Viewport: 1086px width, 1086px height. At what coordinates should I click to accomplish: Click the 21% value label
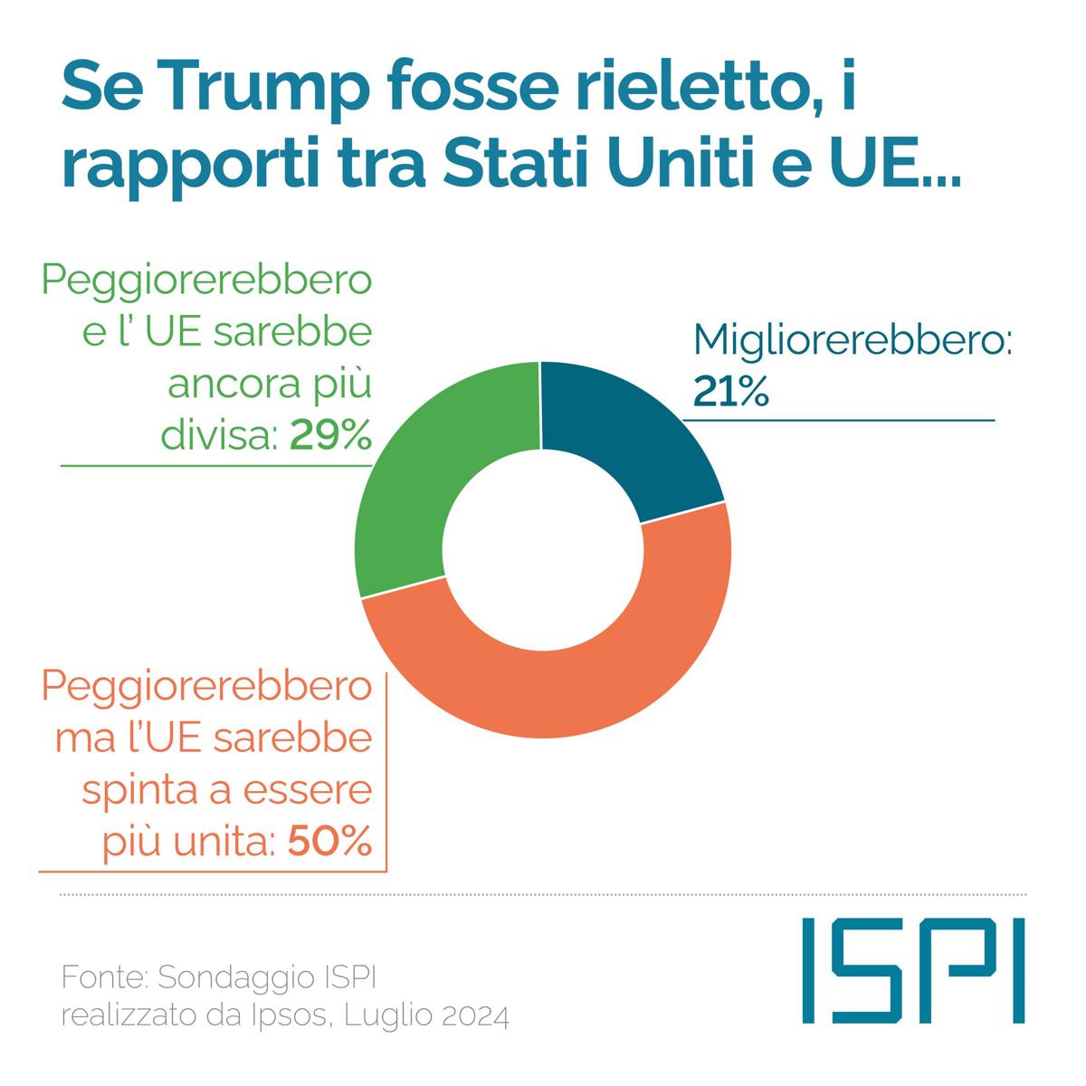pyautogui.click(x=731, y=392)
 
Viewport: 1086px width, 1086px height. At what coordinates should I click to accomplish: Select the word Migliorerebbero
pyautogui.click(x=851, y=342)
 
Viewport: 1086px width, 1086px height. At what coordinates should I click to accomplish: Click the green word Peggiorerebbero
pyautogui.click(x=207, y=281)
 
